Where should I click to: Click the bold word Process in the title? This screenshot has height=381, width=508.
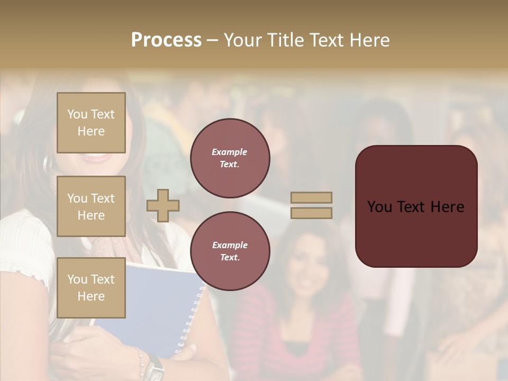(x=166, y=40)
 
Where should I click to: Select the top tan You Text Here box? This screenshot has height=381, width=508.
(x=91, y=123)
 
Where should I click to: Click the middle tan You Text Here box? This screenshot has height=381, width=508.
(x=91, y=206)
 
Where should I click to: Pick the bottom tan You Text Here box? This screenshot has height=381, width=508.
(x=91, y=288)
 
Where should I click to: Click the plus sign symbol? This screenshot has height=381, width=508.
(x=163, y=205)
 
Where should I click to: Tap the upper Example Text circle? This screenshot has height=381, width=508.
(x=230, y=158)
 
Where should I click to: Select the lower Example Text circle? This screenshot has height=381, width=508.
(x=230, y=251)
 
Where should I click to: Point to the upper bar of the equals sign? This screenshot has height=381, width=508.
(x=312, y=197)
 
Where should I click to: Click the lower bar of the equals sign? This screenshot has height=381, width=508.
(x=312, y=213)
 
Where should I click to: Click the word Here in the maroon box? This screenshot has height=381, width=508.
(x=447, y=207)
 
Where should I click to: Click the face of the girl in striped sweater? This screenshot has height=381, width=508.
(x=306, y=265)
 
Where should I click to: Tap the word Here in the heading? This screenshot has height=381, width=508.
(x=368, y=40)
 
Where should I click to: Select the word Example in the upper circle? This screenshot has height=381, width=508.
(x=230, y=152)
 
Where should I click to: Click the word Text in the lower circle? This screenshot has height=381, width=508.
(x=230, y=258)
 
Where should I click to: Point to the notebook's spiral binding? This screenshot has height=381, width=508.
(x=192, y=317)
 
